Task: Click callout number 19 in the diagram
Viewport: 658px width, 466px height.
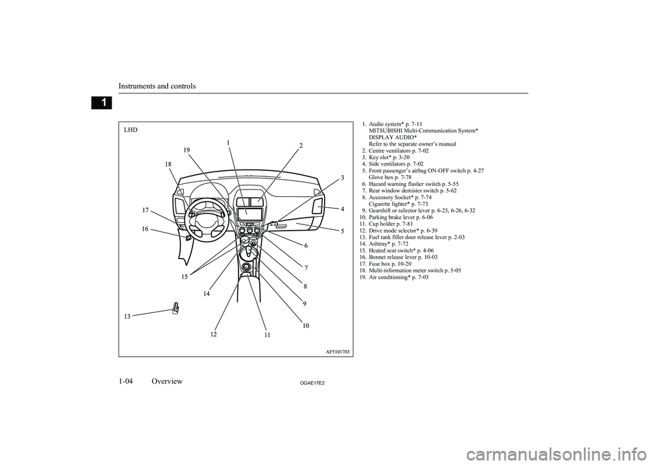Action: (186, 149)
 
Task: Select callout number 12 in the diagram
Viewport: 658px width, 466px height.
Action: (214, 334)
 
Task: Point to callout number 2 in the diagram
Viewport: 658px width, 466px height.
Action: (300, 145)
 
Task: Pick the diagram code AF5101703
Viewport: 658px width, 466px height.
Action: (335, 351)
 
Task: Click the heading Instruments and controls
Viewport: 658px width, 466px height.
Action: (157, 86)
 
